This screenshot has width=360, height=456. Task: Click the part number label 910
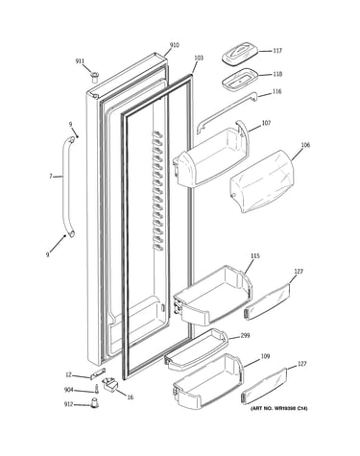(174, 45)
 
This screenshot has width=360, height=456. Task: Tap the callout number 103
(199, 58)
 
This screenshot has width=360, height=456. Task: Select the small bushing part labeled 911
(94, 78)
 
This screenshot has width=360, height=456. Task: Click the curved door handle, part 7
(67, 187)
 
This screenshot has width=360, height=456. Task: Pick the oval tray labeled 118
(239, 79)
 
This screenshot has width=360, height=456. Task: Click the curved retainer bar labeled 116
(227, 112)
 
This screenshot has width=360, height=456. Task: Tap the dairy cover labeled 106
(262, 181)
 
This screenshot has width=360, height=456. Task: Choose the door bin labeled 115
(213, 296)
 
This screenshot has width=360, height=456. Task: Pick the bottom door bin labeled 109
(208, 381)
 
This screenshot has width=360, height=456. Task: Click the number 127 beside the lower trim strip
(301, 364)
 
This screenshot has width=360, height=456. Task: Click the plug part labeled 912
(94, 403)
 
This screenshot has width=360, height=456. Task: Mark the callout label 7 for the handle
(51, 177)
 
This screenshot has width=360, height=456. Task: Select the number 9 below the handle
(48, 254)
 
